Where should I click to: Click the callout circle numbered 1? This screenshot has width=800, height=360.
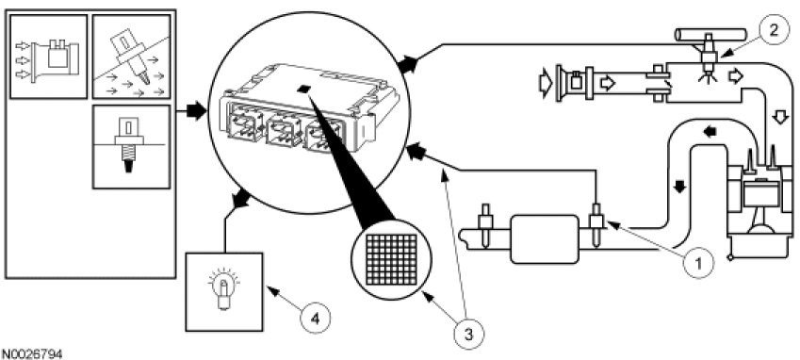click(x=699, y=264)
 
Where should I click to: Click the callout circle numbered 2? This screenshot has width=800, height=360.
click(x=773, y=30)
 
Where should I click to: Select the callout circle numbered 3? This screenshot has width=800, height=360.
click(x=469, y=335)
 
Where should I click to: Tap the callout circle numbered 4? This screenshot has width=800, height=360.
click(x=316, y=319)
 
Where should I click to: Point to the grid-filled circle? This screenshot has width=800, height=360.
click(x=391, y=259)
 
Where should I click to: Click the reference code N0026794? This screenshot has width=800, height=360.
click(x=32, y=353)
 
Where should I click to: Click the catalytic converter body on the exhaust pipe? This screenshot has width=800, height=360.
click(x=545, y=238)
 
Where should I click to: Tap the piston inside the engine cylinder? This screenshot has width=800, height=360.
click(x=759, y=196)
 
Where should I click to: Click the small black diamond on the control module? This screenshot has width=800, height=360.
click(x=305, y=89)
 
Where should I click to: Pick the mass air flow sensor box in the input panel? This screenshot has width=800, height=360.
click(x=49, y=57)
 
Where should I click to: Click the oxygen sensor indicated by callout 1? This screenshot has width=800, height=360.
click(x=596, y=224)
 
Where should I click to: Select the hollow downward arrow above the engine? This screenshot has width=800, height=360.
click(x=779, y=118)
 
